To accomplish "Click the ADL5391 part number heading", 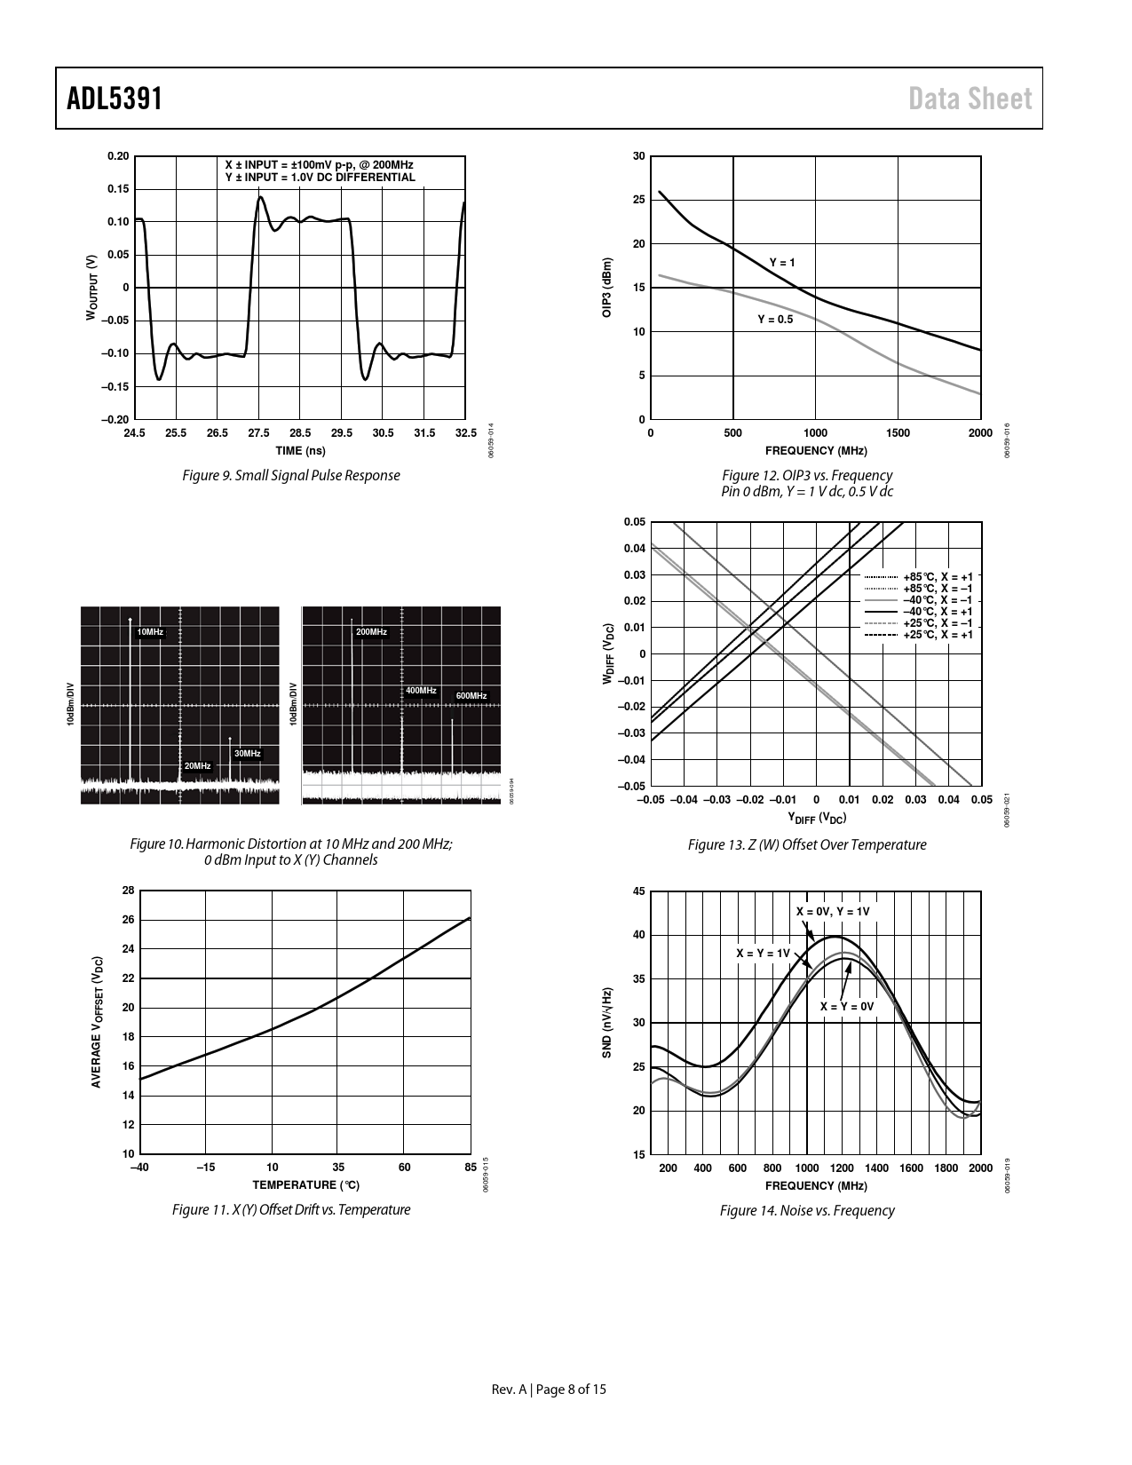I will (115, 98).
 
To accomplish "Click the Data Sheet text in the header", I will (970, 99).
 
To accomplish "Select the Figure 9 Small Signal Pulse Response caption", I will (290, 476).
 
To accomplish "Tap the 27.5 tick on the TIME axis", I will (258, 433).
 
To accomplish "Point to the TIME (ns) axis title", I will (300, 451).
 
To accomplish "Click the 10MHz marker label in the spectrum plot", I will (150, 632).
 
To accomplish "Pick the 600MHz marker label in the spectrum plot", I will (471, 695).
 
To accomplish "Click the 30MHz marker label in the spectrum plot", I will (247, 754).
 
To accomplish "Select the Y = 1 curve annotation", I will (782, 263).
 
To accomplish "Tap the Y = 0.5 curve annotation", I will (775, 319).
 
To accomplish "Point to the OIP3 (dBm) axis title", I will (607, 288).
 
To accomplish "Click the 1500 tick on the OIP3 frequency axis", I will (898, 433).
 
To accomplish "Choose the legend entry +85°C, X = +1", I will (938, 577).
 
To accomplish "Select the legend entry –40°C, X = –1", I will (938, 600).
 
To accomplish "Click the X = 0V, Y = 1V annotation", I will (833, 912).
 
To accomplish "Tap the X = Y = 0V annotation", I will (847, 1006).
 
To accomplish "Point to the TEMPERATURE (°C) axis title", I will (305, 1185).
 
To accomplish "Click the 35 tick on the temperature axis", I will (338, 1168).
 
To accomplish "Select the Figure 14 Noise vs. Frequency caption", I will (806, 1210).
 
